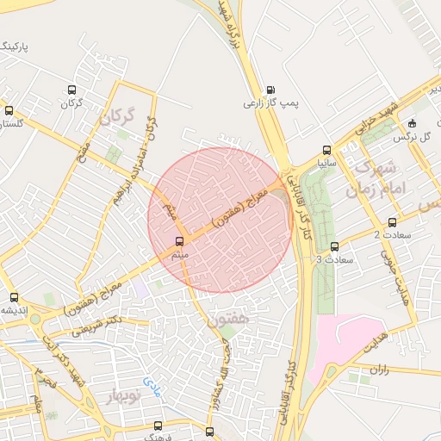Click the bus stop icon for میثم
179,241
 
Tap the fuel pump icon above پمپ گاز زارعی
271,90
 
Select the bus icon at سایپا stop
326,149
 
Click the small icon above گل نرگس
412,122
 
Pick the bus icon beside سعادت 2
393,222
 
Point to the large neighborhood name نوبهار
122,395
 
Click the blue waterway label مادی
152,380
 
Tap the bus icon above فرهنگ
157,425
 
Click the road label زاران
379,368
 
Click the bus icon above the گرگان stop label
71,90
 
